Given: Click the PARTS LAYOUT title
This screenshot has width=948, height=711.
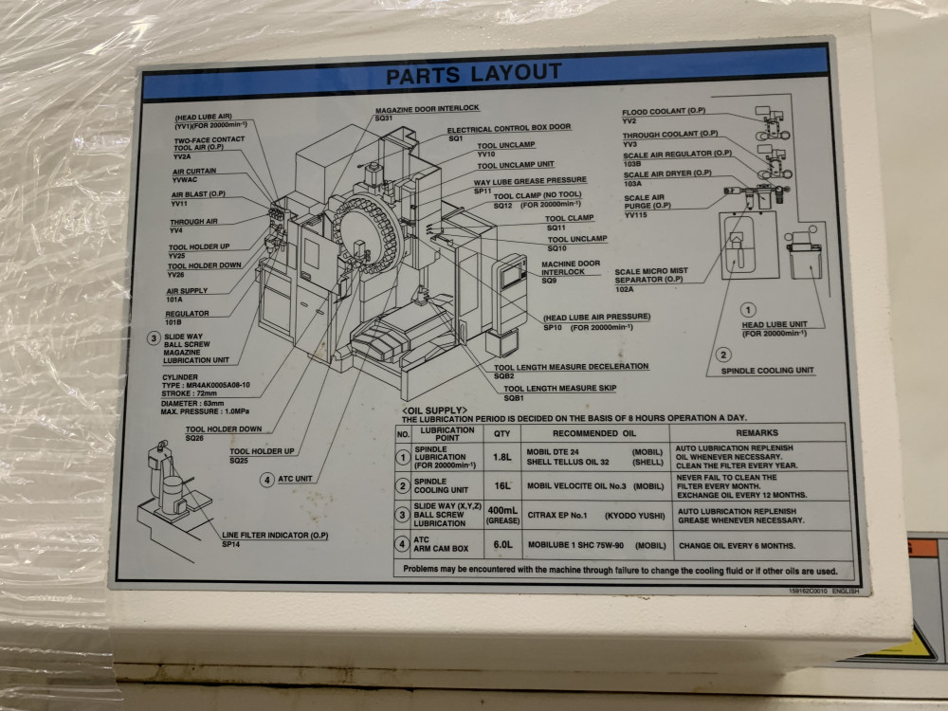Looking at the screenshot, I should (x=473, y=73).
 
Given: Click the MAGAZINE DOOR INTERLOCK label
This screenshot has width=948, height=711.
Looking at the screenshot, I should (x=427, y=109).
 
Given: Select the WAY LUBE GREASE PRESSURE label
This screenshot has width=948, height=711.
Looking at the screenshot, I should (x=530, y=180).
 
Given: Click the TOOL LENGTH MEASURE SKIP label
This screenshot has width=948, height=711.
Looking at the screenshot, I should (x=559, y=389).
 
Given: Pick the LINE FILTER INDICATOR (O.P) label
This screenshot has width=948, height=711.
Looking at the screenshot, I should (x=275, y=535).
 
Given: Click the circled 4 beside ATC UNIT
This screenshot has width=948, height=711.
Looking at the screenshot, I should (x=267, y=480).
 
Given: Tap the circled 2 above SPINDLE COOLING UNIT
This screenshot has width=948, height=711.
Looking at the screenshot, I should (x=723, y=355).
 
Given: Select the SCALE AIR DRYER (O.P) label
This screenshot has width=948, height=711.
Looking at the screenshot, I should (x=667, y=173).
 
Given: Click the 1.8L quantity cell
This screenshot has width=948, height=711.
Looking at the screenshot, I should (x=501, y=457).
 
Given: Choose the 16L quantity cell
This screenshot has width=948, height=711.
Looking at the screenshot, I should (x=501, y=486).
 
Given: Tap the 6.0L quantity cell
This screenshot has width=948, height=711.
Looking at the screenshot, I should (x=502, y=547).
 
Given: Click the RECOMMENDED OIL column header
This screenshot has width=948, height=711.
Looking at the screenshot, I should (x=595, y=432).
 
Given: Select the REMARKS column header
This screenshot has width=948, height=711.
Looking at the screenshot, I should (x=757, y=431).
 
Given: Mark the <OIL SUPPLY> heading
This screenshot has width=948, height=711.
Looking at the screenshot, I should (x=434, y=409).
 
